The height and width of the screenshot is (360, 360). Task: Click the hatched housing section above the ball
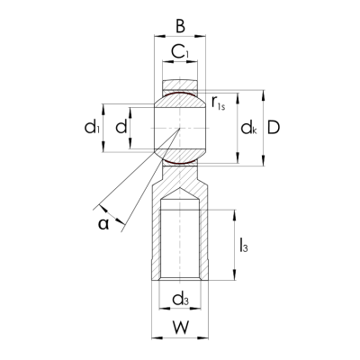[x=180, y=85]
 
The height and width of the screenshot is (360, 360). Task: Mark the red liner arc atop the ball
[x=180, y=93]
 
